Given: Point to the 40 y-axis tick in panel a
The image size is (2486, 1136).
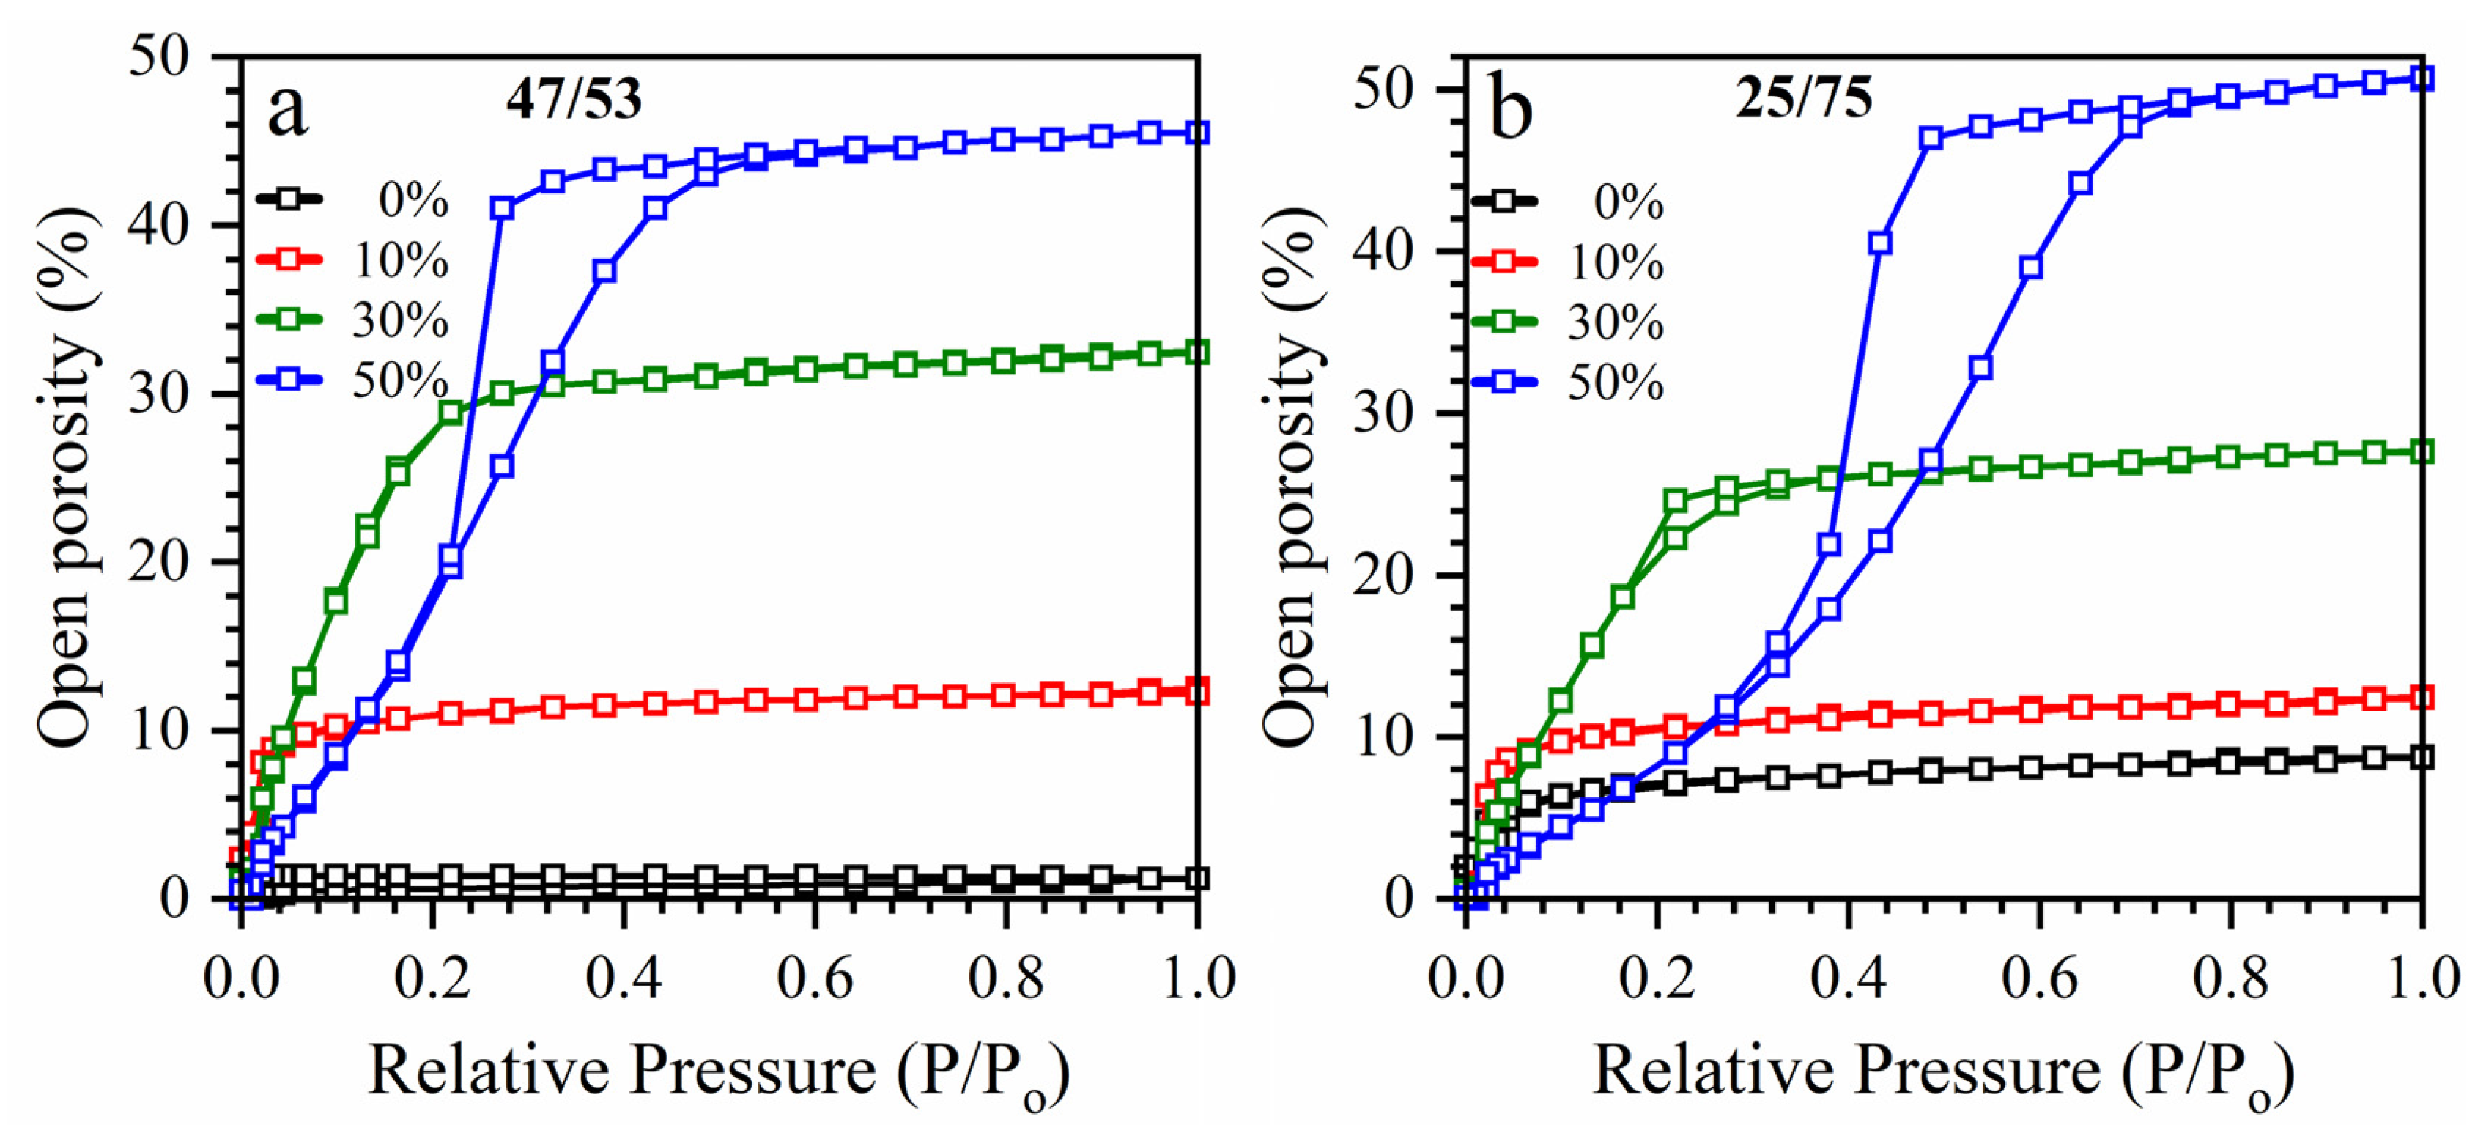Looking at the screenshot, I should point(159,226).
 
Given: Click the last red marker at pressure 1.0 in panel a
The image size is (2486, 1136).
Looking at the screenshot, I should point(1196,691).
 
